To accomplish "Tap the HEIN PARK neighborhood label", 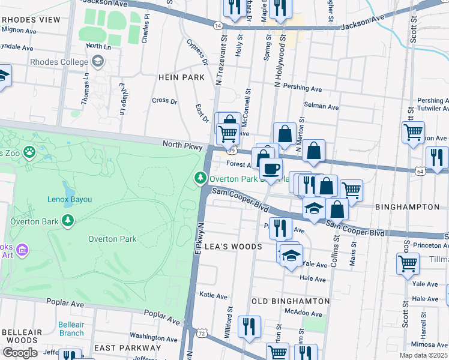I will pyautogui.click(x=177, y=77).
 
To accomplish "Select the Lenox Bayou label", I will pyautogui.click(x=70, y=199).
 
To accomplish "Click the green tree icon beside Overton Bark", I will pyautogui.click(x=68, y=221).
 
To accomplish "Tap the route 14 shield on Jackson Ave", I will pyautogui.click(x=218, y=25).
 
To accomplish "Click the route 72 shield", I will pyautogui.click(x=202, y=332).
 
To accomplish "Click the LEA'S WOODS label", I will pyautogui.click(x=234, y=247).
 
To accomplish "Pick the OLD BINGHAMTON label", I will pyautogui.click(x=291, y=301).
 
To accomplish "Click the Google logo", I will pyautogui.click(x=20, y=352).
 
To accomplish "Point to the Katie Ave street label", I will pyautogui.click(x=213, y=295).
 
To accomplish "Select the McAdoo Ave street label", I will pyautogui.click(x=301, y=311).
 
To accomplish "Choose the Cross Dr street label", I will pyautogui.click(x=164, y=101).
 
